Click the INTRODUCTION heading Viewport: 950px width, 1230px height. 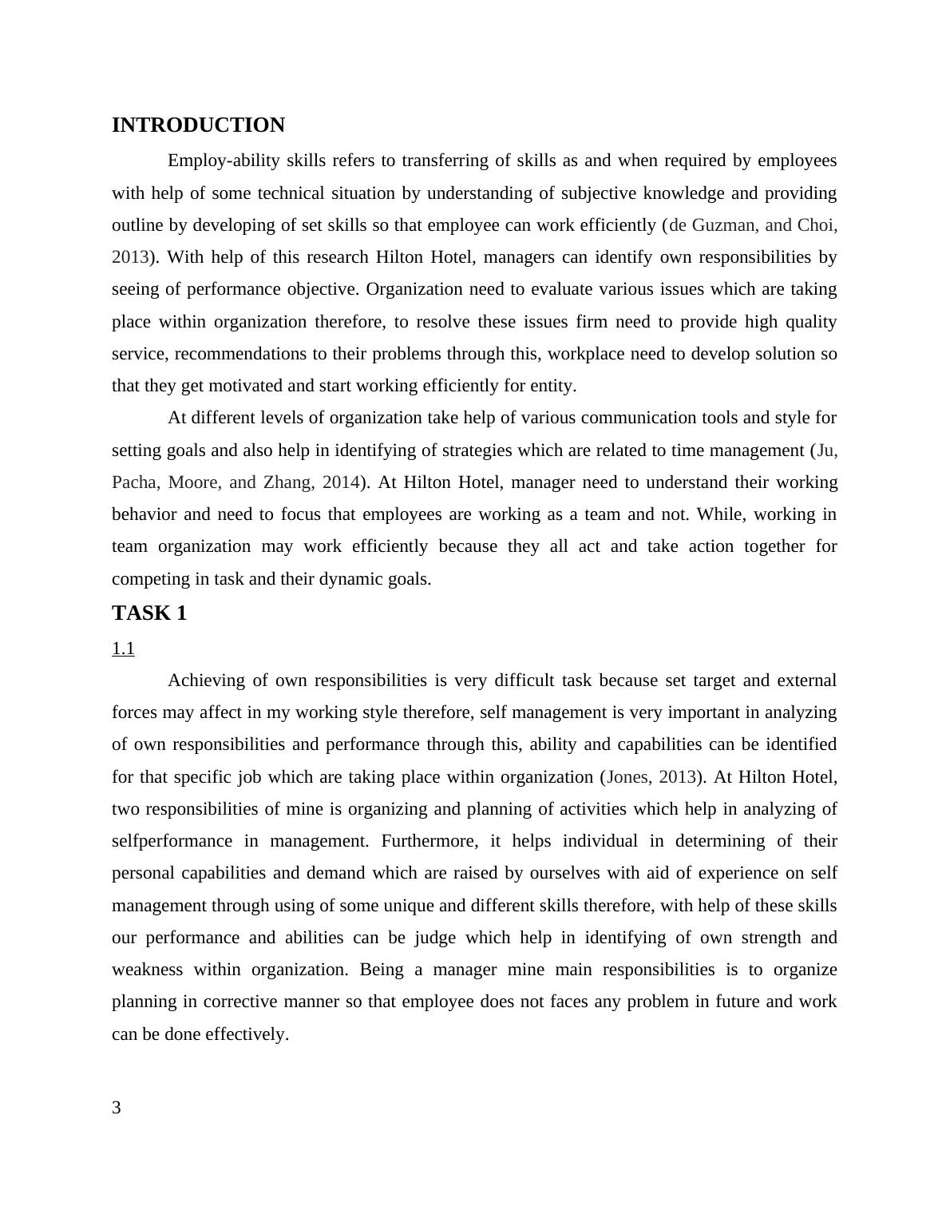[x=198, y=125]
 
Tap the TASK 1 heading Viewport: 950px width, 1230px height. [x=149, y=613]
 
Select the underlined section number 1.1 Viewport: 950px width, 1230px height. [x=123, y=649]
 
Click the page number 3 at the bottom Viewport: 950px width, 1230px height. [x=117, y=1107]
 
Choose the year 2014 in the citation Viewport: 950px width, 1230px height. [x=340, y=482]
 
